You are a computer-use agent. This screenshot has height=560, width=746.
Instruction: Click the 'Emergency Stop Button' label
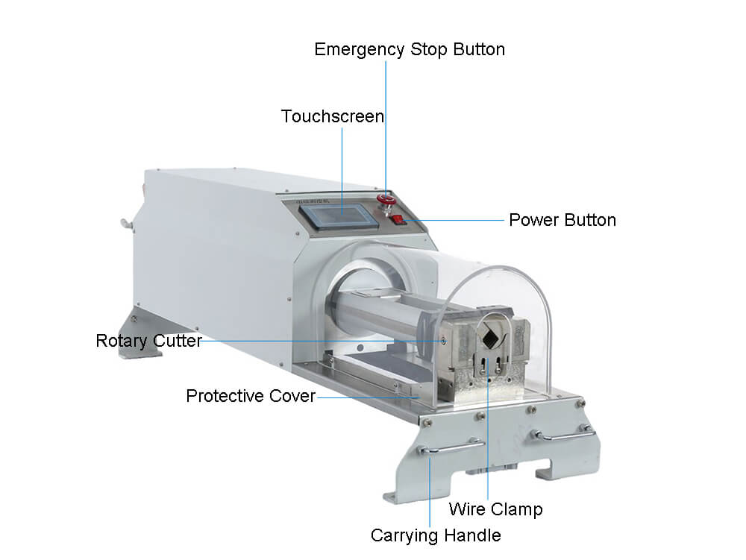click(x=410, y=50)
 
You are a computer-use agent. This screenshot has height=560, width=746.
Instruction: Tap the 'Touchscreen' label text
click(x=333, y=116)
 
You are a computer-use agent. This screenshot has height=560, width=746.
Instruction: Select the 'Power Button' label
click(x=562, y=220)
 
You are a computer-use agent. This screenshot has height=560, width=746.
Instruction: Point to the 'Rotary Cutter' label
click(x=149, y=341)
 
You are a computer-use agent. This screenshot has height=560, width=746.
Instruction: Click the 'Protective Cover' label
click(x=251, y=396)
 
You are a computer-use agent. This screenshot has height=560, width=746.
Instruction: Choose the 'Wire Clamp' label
click(x=496, y=509)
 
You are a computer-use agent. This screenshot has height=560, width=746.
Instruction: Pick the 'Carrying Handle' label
click(x=436, y=535)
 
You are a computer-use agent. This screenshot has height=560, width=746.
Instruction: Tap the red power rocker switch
click(x=398, y=220)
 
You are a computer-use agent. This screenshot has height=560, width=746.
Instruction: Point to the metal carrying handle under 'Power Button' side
click(x=564, y=434)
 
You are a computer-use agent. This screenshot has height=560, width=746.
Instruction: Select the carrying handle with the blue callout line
click(x=451, y=447)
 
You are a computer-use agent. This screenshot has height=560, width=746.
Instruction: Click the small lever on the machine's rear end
click(x=128, y=224)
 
